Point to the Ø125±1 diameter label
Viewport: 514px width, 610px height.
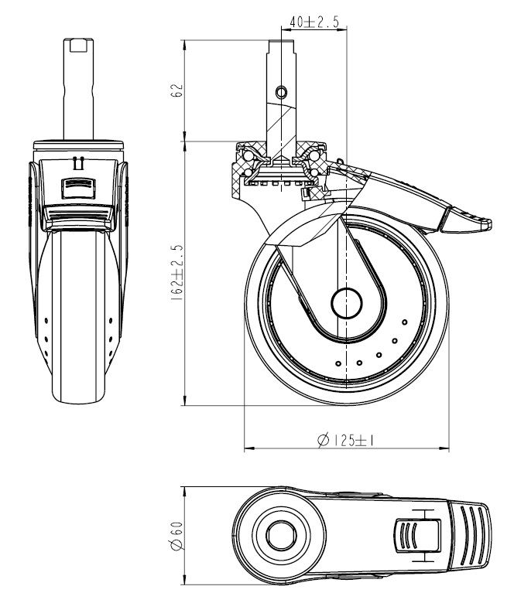pos(346,440)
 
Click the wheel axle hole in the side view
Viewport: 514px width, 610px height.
pos(347,303)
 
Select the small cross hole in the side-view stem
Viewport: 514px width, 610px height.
pos(281,91)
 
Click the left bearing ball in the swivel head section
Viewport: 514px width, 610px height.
pos(246,160)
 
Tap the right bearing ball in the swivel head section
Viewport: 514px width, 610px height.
pos(315,160)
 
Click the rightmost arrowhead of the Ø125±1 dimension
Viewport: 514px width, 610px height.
pos(447,448)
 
